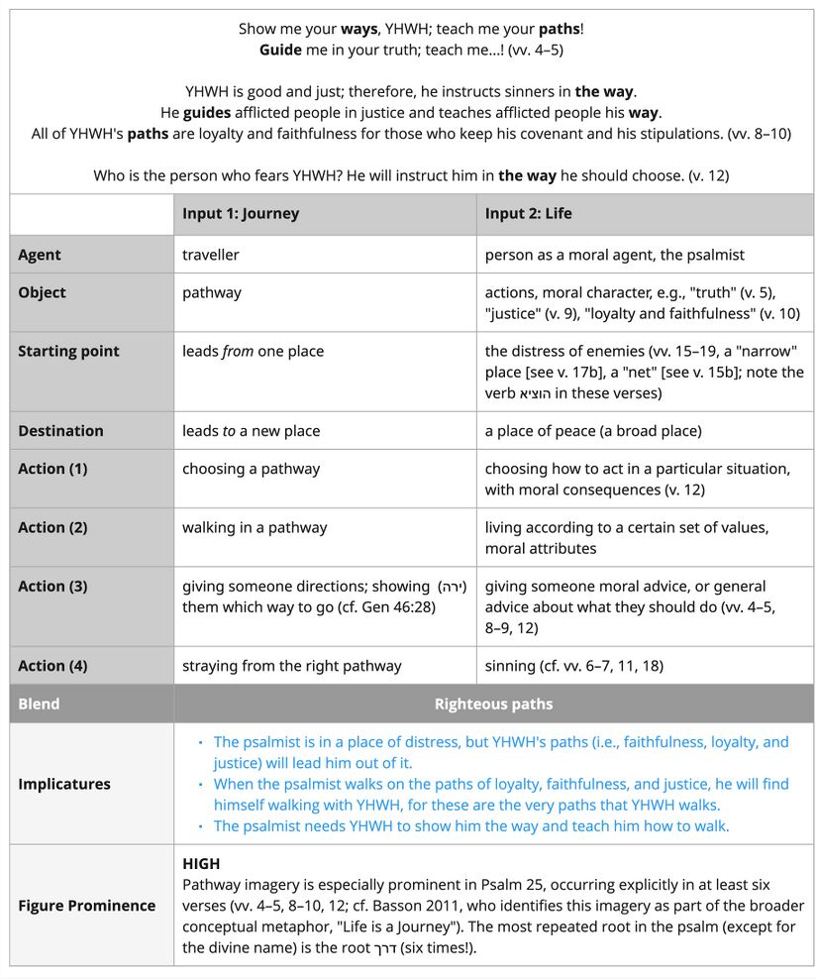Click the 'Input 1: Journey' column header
(241, 214)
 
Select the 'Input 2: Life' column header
(528, 214)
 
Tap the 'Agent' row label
(40, 255)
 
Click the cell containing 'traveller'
(211, 255)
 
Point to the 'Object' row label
(42, 292)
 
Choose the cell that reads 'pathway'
(212, 292)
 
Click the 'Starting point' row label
(68, 351)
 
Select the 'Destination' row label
(60, 431)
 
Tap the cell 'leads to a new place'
(251, 431)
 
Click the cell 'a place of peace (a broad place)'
(593, 431)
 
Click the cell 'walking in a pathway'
(255, 528)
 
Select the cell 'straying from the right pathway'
(292, 666)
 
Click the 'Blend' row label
(39, 705)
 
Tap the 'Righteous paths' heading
(493, 705)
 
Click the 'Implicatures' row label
(63, 784)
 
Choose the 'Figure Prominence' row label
(87, 906)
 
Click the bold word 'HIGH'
(201, 864)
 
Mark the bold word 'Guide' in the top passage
(280, 49)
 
